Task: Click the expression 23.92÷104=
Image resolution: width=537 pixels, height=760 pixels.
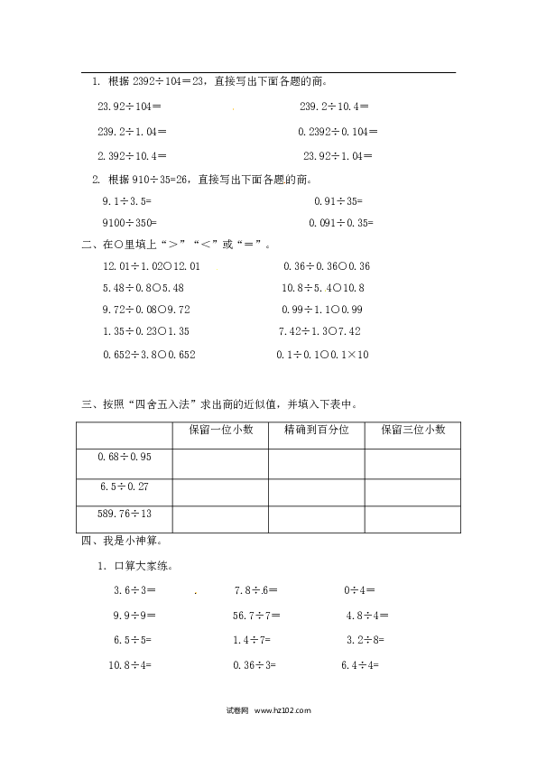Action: pos(129,107)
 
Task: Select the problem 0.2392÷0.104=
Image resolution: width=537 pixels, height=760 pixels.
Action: pos(338,132)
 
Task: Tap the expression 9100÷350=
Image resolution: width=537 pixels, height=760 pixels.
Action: pos(129,223)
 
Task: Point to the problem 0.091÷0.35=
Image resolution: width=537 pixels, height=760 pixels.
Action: pos(341,223)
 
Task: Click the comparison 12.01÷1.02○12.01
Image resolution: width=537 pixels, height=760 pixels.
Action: pos(152,266)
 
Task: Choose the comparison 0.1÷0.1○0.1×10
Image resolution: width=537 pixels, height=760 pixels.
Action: pos(322,355)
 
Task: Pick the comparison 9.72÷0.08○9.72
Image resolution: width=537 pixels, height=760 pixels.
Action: pos(146,310)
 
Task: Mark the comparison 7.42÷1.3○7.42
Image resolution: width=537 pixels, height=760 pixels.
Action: pos(319,331)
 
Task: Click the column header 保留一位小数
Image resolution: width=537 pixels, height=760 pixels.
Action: pos(221,430)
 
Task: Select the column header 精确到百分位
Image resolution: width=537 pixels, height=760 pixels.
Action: pos(317,430)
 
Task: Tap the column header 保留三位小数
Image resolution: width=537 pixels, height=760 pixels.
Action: pos(413,430)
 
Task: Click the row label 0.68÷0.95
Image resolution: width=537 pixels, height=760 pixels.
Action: pos(125,457)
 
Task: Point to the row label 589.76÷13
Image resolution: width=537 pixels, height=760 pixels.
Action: pos(125,514)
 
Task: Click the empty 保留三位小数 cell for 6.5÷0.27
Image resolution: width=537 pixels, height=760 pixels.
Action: pos(413,493)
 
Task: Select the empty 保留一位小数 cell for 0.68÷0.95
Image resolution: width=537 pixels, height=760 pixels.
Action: pos(220,464)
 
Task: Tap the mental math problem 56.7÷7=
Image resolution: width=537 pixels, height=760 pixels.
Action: pos(256,616)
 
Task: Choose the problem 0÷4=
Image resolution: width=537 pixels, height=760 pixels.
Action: pos(359,590)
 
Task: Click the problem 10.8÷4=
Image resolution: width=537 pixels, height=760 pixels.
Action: pos(130,665)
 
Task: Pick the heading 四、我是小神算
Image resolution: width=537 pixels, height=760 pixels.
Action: pos(122,541)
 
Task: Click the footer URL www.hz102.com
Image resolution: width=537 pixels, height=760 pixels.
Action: pos(282,710)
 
